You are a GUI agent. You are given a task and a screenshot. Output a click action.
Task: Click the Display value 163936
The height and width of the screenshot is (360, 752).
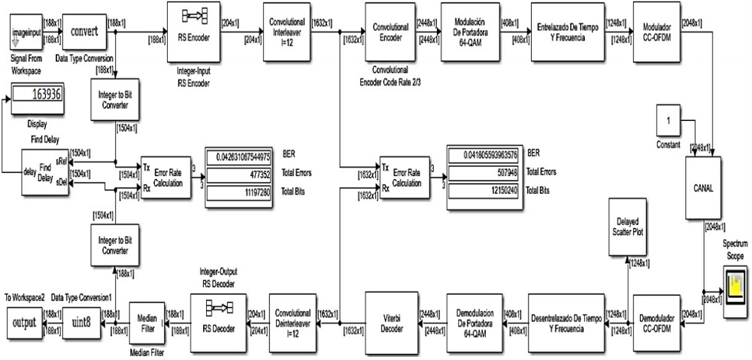[x=38, y=95]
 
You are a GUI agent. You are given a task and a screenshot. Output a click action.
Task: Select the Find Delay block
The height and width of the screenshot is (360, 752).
[x=43, y=171]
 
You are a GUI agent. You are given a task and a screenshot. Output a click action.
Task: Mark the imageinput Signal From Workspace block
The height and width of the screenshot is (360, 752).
[x=27, y=32]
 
